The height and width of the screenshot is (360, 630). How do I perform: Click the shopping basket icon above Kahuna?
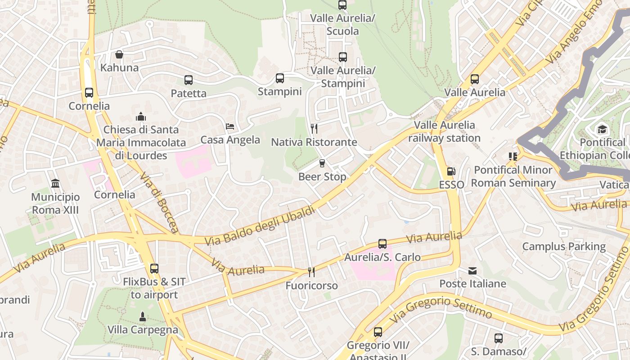point(119,54)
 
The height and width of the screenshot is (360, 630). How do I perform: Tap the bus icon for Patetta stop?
point(189,80)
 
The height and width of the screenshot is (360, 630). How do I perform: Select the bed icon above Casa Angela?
point(230,126)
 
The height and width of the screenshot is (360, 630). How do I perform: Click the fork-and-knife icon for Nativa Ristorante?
point(314,129)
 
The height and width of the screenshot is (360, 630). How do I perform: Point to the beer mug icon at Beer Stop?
point(322,163)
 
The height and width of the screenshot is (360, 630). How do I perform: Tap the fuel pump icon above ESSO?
point(451,171)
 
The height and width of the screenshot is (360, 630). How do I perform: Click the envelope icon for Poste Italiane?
point(472,270)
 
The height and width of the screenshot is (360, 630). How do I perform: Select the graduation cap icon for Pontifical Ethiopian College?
point(602,130)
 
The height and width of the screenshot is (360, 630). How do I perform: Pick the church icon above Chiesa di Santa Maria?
point(141,117)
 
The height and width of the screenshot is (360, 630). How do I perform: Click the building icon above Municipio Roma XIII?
point(55,184)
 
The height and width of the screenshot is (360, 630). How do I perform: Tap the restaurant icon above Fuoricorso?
point(311,272)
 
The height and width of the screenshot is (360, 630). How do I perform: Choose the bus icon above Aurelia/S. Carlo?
point(382,244)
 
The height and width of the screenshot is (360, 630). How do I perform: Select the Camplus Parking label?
point(564,247)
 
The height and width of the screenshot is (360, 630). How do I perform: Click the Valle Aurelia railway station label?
point(444,131)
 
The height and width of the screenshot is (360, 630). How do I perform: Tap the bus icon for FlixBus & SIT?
point(154,269)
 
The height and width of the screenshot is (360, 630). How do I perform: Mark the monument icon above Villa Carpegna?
point(143,316)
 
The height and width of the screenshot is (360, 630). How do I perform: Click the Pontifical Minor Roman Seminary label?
point(513,176)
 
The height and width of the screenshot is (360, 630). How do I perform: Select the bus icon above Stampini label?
point(280,78)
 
